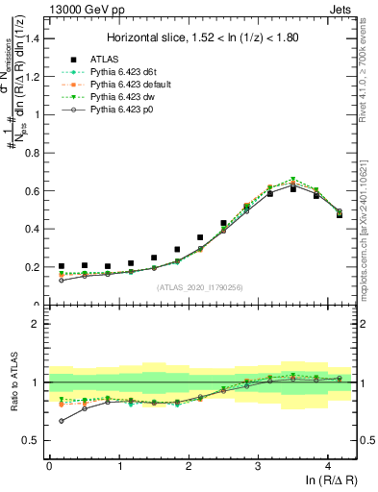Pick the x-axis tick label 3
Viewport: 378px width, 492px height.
(x=258, y=465)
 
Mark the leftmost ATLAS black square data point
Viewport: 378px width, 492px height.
(x=62, y=266)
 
